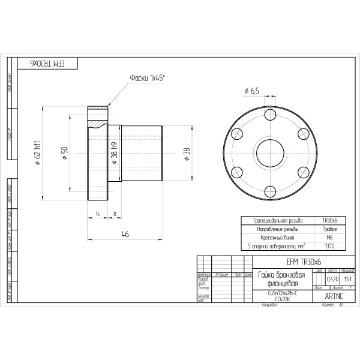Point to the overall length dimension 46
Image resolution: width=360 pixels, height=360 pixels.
coord(125,234)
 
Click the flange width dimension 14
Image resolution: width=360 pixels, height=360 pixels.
coord(97,214)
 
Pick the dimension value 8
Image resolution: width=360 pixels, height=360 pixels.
coord(114,214)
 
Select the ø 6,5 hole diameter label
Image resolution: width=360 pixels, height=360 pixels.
coord(251,91)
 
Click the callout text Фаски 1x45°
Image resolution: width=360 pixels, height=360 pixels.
coord(147,78)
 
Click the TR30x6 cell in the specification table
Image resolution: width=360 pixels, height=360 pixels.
coord(329,220)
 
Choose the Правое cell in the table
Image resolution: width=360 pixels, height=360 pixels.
coord(329,229)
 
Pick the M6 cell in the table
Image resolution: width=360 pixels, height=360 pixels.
coord(329,237)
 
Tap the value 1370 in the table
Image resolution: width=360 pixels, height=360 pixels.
coord(329,245)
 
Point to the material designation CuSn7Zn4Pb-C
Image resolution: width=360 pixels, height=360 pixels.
coord(281,292)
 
